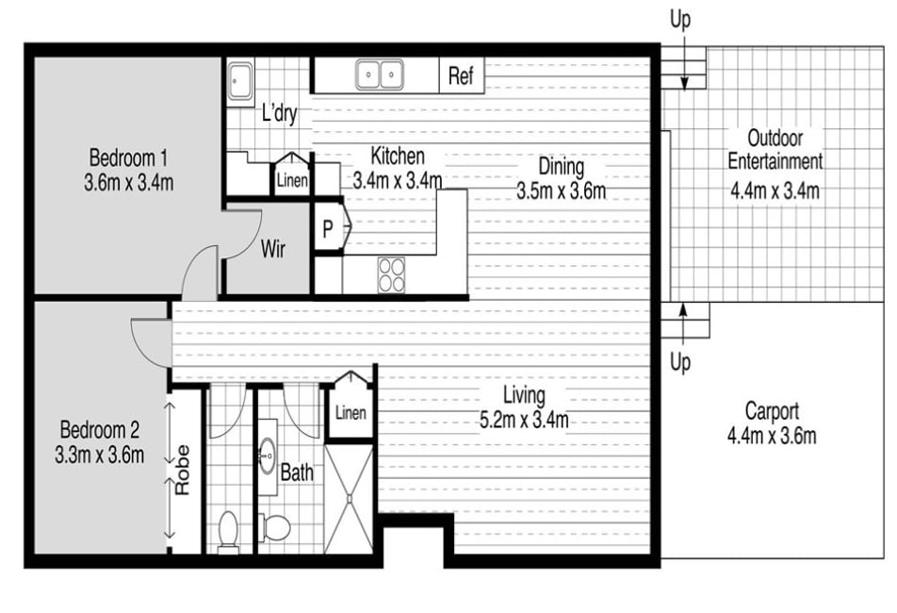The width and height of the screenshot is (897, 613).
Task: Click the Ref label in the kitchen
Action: click(461, 75)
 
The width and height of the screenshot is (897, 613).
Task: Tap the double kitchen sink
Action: click(380, 75)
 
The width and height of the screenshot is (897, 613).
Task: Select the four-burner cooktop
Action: click(391, 274)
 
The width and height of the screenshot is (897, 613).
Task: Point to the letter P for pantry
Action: click(327, 229)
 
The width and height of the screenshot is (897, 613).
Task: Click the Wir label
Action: click(273, 249)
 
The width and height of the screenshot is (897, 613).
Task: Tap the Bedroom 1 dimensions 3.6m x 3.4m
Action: click(129, 183)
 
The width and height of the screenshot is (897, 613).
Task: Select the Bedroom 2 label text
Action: click(100, 429)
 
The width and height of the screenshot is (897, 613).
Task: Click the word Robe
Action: click(182, 470)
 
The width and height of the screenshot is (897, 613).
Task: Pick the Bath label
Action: click(297, 472)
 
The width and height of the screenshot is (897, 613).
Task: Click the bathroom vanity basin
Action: click(268, 456)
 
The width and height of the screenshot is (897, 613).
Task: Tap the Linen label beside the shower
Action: click(351, 412)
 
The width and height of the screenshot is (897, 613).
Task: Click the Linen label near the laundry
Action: click(292, 181)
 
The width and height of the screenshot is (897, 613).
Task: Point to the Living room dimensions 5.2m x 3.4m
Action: click(524, 421)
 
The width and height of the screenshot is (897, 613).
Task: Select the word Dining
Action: click(562, 167)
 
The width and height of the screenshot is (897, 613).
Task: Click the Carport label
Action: click(772, 411)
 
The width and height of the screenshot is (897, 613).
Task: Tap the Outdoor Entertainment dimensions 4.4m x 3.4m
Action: click(775, 190)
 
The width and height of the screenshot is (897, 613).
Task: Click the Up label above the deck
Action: click(680, 20)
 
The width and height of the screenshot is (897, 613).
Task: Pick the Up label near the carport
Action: click(680, 362)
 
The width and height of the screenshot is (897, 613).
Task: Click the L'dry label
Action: click(279, 113)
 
